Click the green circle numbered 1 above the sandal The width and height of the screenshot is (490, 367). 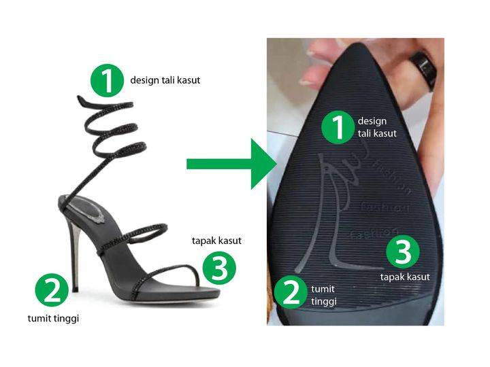[x=108, y=80]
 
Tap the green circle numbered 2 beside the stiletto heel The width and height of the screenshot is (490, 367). [x=52, y=290]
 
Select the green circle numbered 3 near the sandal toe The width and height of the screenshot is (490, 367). [x=219, y=268]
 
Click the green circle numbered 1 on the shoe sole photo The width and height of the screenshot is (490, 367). [x=338, y=127]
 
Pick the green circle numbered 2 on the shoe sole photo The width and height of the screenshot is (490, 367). [x=291, y=292]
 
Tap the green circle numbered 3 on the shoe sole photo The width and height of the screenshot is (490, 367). [x=403, y=251]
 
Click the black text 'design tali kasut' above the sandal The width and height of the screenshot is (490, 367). [x=165, y=80]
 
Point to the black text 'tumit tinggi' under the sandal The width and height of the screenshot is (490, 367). [x=53, y=319]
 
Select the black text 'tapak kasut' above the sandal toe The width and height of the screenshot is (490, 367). [x=216, y=241]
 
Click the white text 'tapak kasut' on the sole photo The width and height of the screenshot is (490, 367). [x=405, y=277]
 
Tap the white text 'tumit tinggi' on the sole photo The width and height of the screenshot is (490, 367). [x=324, y=295]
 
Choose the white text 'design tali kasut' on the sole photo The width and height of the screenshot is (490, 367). [x=377, y=127]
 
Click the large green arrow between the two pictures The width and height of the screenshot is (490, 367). [x=231, y=164]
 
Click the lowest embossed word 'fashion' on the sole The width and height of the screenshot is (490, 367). [x=374, y=233]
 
